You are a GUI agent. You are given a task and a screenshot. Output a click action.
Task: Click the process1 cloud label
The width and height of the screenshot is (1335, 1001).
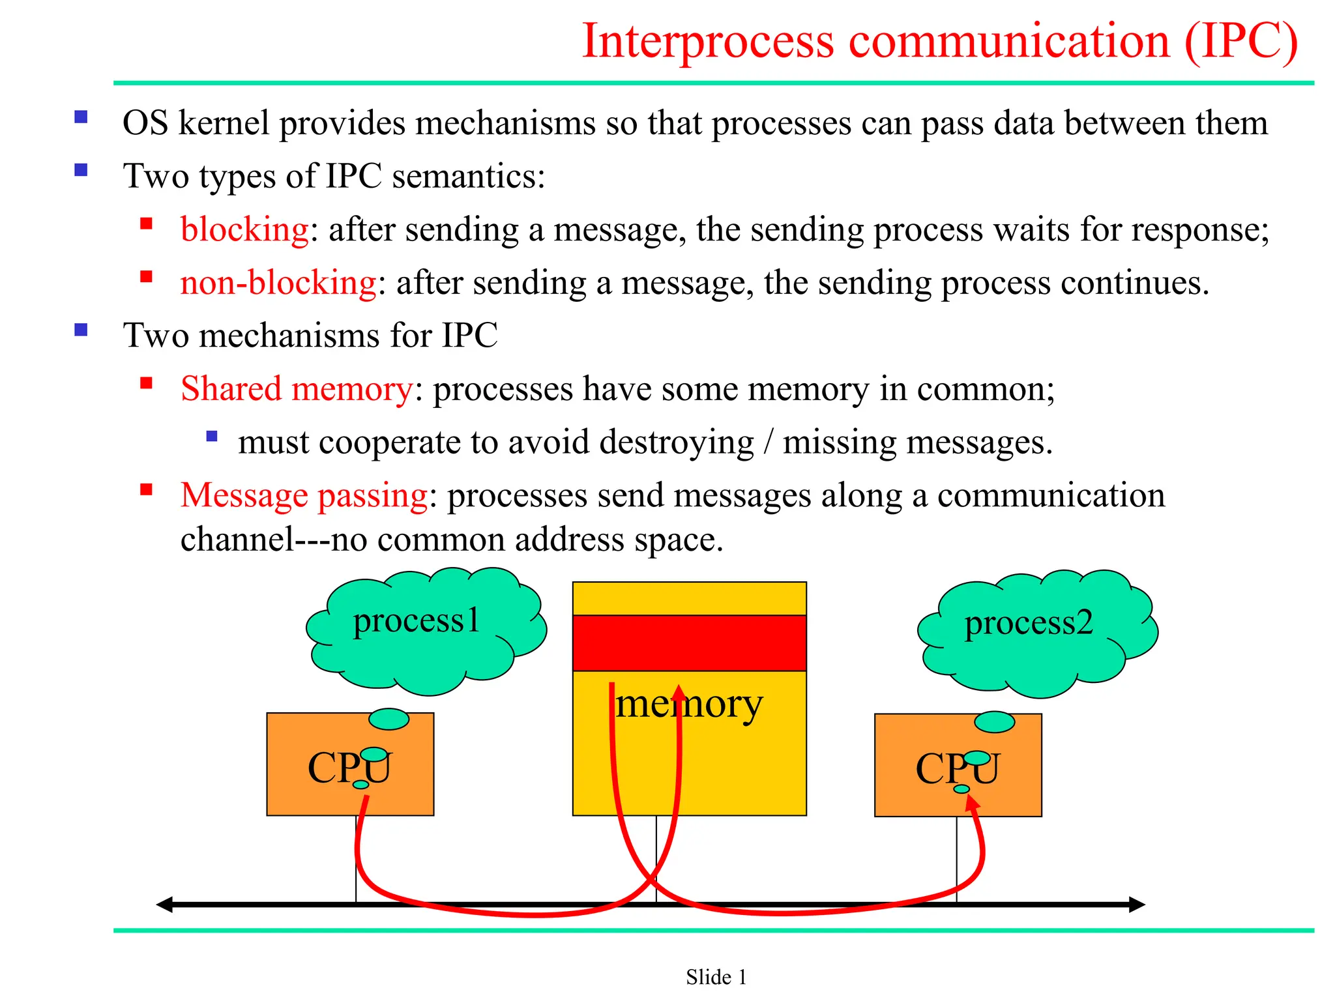point(416,620)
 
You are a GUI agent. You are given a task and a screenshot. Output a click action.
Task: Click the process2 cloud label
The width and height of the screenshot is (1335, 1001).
point(1028,623)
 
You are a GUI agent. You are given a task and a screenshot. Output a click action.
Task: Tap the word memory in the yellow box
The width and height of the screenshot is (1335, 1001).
point(688,704)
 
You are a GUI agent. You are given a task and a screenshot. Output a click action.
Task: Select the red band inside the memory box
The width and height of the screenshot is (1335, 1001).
point(689,643)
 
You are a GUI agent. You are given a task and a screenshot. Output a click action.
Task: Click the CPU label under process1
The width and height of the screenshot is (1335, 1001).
point(349,768)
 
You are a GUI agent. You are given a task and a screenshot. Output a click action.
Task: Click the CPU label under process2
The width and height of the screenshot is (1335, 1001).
point(957,769)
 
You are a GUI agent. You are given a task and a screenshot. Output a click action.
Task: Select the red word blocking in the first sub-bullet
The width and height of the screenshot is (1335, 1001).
point(244,229)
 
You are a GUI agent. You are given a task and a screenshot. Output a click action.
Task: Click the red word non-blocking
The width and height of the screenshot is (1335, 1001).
point(278,283)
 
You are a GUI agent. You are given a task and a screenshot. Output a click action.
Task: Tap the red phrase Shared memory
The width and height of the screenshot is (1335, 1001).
point(297,389)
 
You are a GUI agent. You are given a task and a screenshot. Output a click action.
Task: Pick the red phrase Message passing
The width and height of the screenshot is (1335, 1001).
point(304,495)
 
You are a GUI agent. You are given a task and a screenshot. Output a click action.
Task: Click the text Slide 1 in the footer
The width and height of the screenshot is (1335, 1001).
point(716,977)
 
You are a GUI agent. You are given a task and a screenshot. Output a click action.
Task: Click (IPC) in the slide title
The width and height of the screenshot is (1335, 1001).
point(1240,41)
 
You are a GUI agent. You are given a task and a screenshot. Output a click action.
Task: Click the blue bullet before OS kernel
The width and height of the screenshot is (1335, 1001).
point(81,117)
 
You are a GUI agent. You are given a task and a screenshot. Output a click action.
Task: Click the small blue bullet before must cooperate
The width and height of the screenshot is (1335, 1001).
point(212,436)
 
